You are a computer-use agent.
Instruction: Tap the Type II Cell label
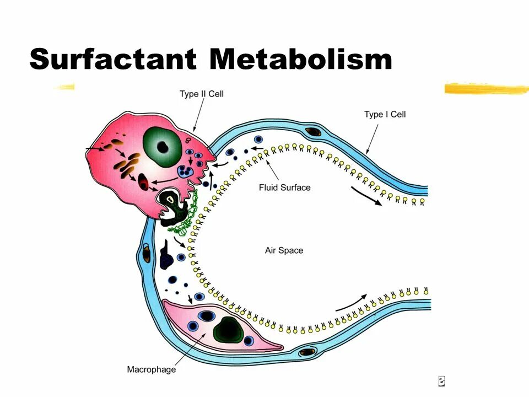tap(202, 94)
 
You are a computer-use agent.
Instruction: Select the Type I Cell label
tap(385, 114)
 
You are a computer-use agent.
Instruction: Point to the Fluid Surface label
tap(284, 187)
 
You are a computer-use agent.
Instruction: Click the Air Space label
tap(284, 250)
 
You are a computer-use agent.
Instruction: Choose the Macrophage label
tap(152, 369)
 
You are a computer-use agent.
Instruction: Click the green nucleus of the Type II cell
tap(163, 146)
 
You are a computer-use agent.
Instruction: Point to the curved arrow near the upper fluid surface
tap(365, 198)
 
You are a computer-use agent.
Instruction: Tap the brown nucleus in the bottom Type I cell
tap(307, 351)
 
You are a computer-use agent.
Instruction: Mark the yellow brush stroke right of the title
tap(485, 88)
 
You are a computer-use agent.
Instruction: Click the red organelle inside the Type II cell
tap(144, 182)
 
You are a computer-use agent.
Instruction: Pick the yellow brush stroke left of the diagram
tap(64, 87)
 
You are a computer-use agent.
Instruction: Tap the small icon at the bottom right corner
tap(441, 380)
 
